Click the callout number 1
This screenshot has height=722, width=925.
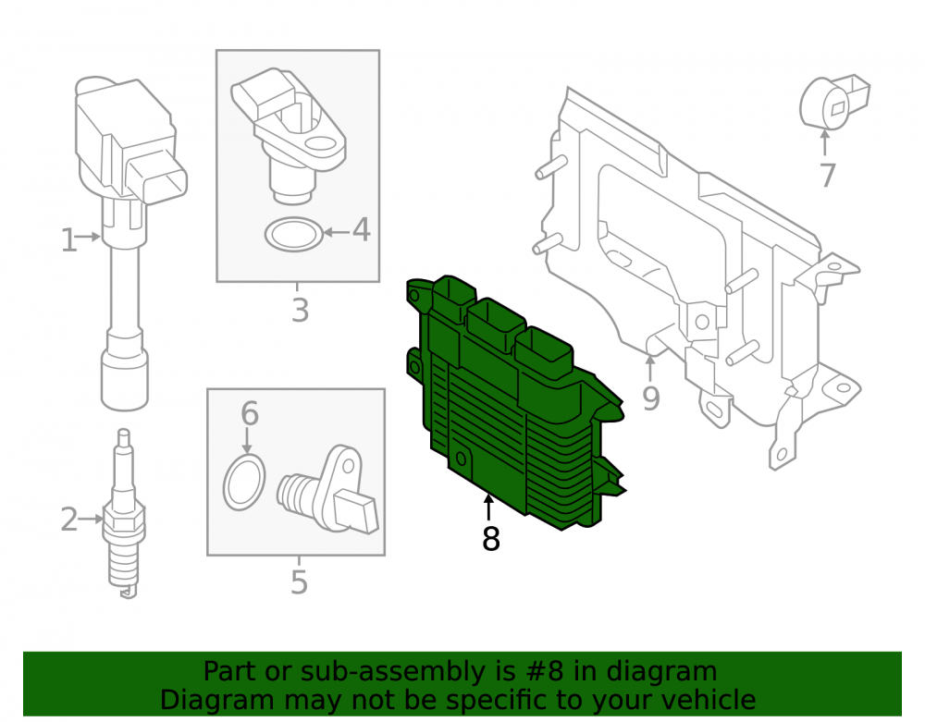(x=69, y=240)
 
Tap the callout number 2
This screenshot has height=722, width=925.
(x=69, y=520)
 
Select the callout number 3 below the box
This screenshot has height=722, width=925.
(x=301, y=310)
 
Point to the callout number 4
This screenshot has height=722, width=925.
(x=361, y=229)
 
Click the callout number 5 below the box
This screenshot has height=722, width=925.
(x=299, y=581)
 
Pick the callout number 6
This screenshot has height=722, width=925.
(x=250, y=413)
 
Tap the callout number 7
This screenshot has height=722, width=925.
(x=828, y=175)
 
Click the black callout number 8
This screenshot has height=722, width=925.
(x=491, y=538)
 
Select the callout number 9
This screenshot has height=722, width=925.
(x=650, y=398)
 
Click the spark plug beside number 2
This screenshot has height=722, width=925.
(x=123, y=514)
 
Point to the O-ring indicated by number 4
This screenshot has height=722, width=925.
(x=294, y=235)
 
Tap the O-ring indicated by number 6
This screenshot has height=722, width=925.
(x=243, y=483)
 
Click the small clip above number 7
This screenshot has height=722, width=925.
(x=833, y=102)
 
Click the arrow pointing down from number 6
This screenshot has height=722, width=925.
(x=247, y=440)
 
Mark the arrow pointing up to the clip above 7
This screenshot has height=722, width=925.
(x=825, y=143)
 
